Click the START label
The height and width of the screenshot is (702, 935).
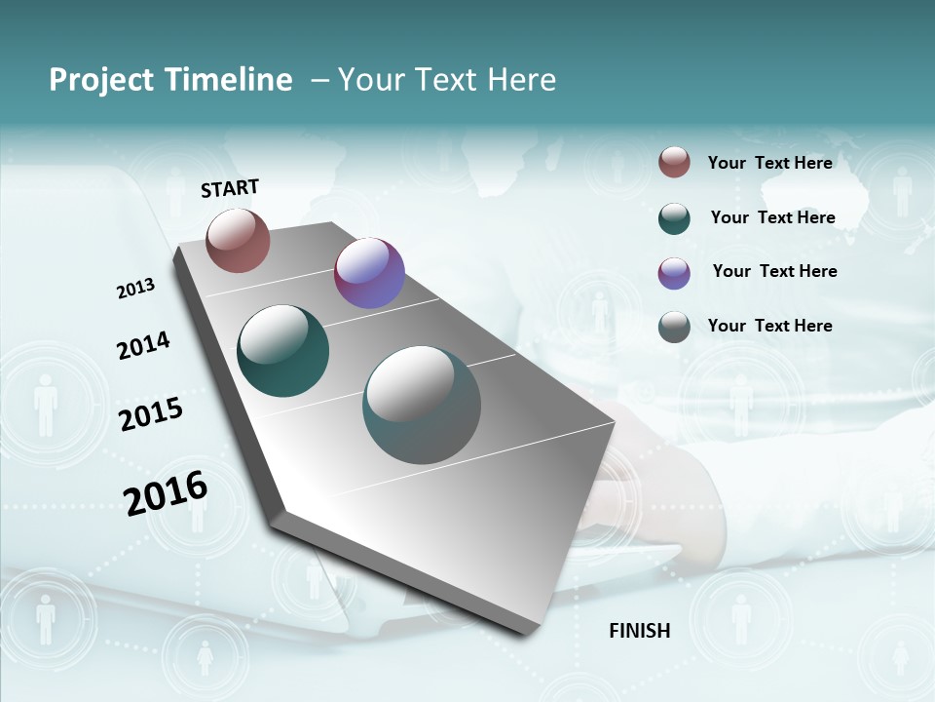click(x=230, y=188)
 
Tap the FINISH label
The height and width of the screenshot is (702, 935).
click(x=640, y=631)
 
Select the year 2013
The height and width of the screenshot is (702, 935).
click(x=135, y=289)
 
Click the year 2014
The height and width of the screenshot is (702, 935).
click(x=144, y=345)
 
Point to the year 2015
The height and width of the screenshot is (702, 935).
click(x=151, y=414)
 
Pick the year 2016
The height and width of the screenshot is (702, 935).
click(x=166, y=493)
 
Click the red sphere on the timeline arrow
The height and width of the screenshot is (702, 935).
click(x=238, y=240)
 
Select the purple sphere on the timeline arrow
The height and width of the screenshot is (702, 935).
click(x=369, y=273)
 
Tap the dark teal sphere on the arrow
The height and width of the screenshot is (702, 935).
click(x=282, y=351)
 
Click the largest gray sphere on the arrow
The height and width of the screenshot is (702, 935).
click(x=422, y=405)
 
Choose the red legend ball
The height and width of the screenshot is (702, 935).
click(x=674, y=162)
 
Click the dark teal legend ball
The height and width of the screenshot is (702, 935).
click(x=674, y=217)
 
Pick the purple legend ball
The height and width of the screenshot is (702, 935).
click(x=674, y=272)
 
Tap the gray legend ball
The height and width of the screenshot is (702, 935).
click(x=674, y=326)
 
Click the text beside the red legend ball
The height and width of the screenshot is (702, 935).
click(x=769, y=163)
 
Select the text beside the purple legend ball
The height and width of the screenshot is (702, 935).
click(x=774, y=271)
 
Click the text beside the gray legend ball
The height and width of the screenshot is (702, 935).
click(x=769, y=326)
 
